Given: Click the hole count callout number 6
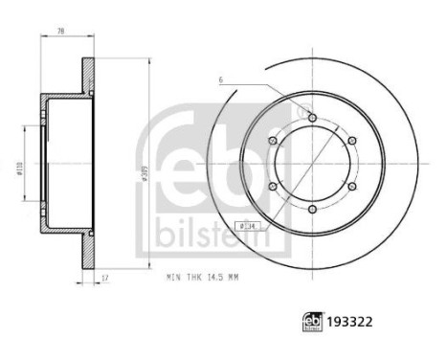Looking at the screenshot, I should click(220, 79).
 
